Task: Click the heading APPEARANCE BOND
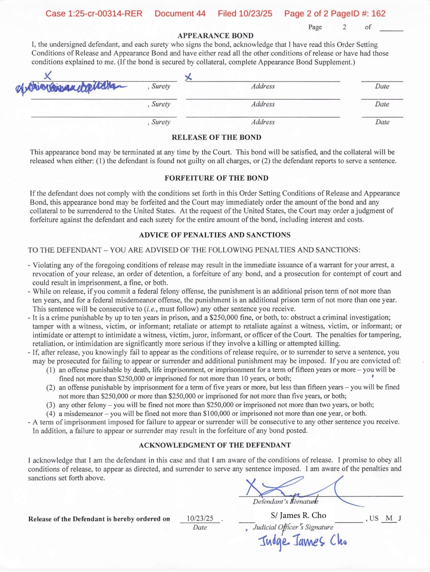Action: point(215,36)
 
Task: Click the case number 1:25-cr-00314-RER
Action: point(94,14)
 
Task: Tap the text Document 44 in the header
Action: point(180,14)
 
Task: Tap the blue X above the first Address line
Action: point(188,78)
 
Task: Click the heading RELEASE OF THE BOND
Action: point(216,137)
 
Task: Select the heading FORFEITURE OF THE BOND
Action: point(216,178)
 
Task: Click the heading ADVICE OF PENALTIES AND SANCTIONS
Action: point(215,235)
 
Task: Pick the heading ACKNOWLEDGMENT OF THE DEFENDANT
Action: point(215,445)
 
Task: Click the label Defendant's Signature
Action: point(285,502)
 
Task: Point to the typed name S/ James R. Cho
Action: point(298,515)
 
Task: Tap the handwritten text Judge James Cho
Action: point(302,542)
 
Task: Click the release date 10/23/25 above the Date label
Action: point(200,518)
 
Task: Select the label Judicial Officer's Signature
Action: point(293,527)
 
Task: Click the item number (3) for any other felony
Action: point(51,405)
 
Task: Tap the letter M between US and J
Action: point(389,518)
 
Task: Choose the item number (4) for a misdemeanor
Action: point(51,414)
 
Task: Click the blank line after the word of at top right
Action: point(391,28)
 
